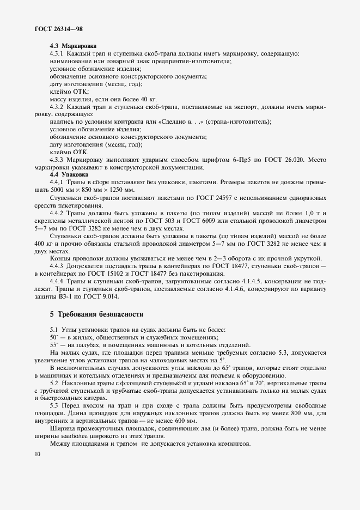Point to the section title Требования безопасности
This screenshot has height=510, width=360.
point(100,314)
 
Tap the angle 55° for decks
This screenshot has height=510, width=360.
point(54,345)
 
